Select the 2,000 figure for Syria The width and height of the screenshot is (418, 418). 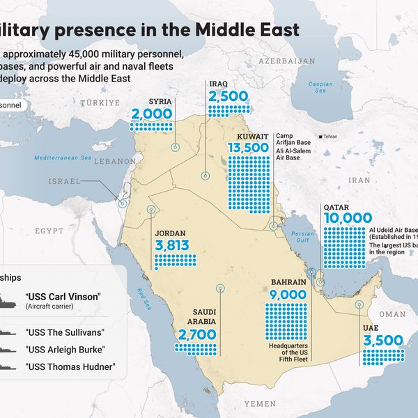[151, 114]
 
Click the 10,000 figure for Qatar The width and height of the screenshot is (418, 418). [347, 218]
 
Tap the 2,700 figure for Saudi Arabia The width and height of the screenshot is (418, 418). [197, 335]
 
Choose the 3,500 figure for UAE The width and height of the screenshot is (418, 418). [383, 341]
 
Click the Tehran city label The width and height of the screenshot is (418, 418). [330, 137]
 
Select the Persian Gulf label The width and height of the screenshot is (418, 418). [303, 237]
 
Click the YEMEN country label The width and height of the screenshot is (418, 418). [260, 403]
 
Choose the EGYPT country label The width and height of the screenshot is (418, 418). [49, 230]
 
